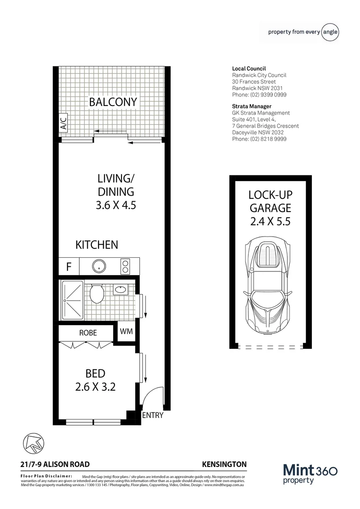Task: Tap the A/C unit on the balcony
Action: (63, 125)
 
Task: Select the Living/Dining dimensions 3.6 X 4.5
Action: (115, 205)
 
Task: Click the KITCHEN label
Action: (97, 245)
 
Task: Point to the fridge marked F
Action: (68, 267)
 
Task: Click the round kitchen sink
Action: (99, 266)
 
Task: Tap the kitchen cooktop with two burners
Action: (126, 266)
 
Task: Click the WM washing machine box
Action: (126, 331)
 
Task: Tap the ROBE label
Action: (88, 333)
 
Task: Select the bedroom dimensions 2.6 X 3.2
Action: (95, 387)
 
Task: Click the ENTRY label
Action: (152, 415)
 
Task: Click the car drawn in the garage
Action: (267, 287)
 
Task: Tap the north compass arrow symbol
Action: (32, 443)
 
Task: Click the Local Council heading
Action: (249, 69)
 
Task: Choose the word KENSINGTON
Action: (224, 464)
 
